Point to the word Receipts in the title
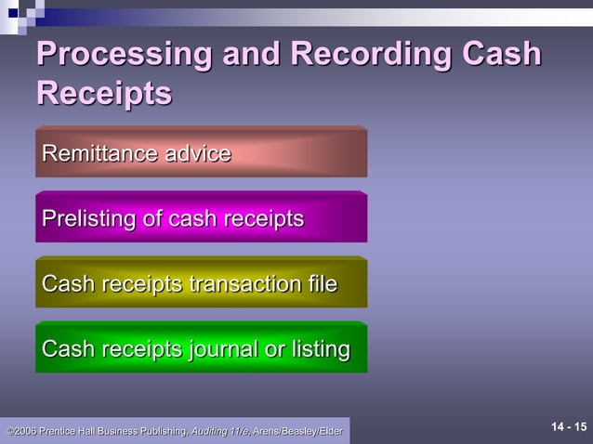103,94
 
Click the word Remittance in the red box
99,153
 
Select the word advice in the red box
198,153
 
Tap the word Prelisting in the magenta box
89,219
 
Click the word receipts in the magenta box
258,219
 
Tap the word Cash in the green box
67,349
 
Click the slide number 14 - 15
569,427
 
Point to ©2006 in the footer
21,432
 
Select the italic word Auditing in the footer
210,432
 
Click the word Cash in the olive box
67,284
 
